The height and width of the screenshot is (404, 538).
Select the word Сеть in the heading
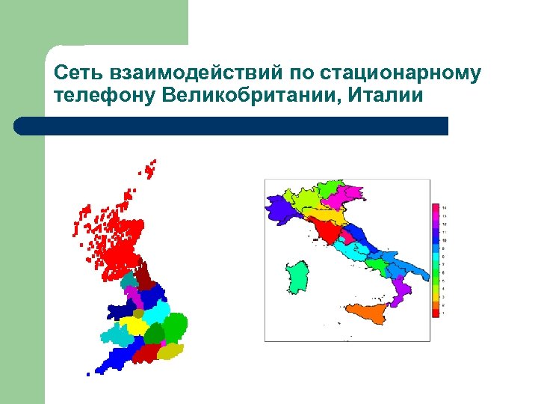78,73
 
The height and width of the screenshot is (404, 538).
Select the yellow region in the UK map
135,325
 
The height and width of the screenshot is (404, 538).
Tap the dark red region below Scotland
144,274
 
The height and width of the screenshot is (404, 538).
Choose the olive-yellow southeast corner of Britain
170,350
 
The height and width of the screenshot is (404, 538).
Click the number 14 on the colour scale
445,207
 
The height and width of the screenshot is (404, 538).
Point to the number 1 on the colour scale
445,313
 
